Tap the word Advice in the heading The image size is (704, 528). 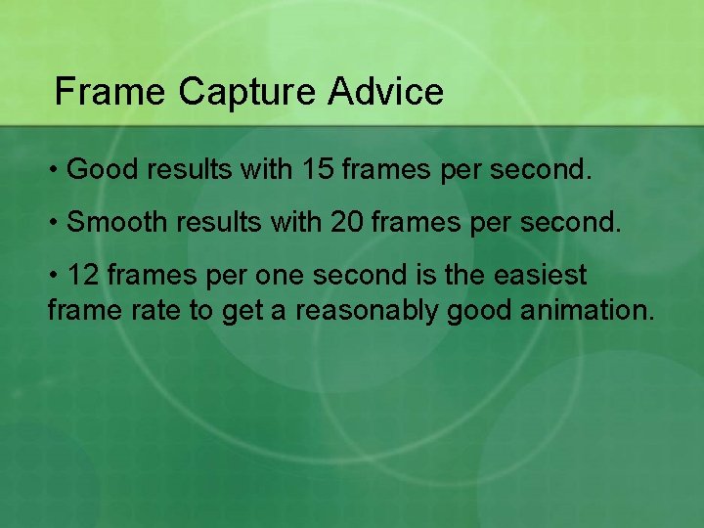pos(386,92)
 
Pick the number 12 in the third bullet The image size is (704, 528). pos(84,275)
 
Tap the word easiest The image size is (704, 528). pos(546,275)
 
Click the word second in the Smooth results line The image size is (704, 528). pos(573,222)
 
